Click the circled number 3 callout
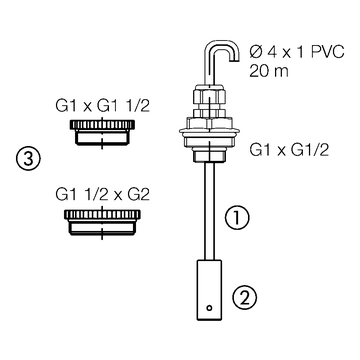tap(31, 159)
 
